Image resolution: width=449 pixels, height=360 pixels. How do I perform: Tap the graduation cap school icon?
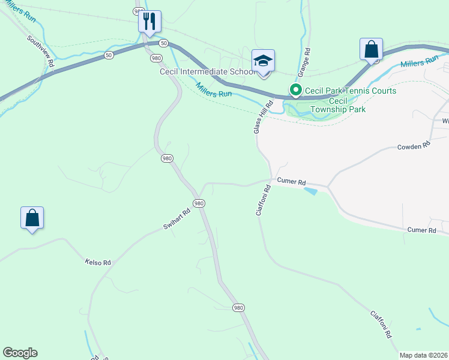263,61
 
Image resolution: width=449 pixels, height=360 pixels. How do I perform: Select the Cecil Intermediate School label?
208,72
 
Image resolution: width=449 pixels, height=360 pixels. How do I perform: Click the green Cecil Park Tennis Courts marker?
295,91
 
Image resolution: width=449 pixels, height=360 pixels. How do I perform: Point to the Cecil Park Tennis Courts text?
351,91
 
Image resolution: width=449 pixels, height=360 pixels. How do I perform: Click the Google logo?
20,353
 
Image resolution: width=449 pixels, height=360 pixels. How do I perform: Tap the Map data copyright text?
424,355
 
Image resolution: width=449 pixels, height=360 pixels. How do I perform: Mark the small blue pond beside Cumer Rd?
311,191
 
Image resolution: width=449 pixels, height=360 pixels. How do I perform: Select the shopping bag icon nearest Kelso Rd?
32,218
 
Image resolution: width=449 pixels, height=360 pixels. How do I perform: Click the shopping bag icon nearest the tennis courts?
372,50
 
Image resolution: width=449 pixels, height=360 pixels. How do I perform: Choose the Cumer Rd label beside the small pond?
291,182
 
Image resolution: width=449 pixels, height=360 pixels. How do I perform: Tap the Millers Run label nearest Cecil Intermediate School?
214,90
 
